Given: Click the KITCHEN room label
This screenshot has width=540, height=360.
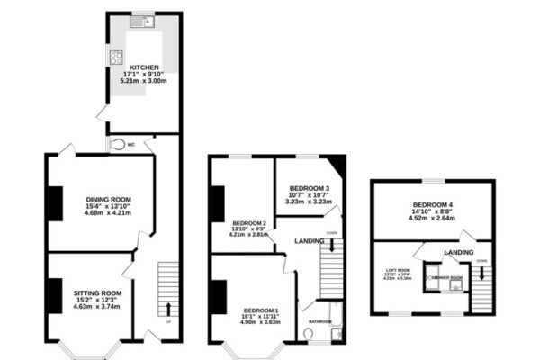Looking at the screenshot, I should [x=144, y=67].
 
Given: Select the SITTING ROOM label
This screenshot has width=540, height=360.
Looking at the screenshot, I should [x=97, y=292].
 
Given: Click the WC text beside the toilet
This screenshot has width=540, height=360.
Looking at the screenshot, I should [x=131, y=144].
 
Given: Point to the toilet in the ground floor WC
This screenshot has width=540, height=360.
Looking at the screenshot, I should [x=116, y=143].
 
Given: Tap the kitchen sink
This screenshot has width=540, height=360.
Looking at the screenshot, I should [x=144, y=21].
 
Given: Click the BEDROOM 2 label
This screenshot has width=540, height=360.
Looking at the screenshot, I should [x=249, y=222].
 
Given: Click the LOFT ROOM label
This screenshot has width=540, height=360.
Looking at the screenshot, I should [x=398, y=270].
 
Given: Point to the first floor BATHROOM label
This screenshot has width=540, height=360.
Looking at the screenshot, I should [x=320, y=321].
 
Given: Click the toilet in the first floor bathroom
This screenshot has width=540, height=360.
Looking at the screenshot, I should [x=308, y=334].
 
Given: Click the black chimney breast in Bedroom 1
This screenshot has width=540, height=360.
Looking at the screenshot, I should [x=219, y=296].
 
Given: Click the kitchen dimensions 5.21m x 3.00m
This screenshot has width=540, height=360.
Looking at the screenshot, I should [x=144, y=81].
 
